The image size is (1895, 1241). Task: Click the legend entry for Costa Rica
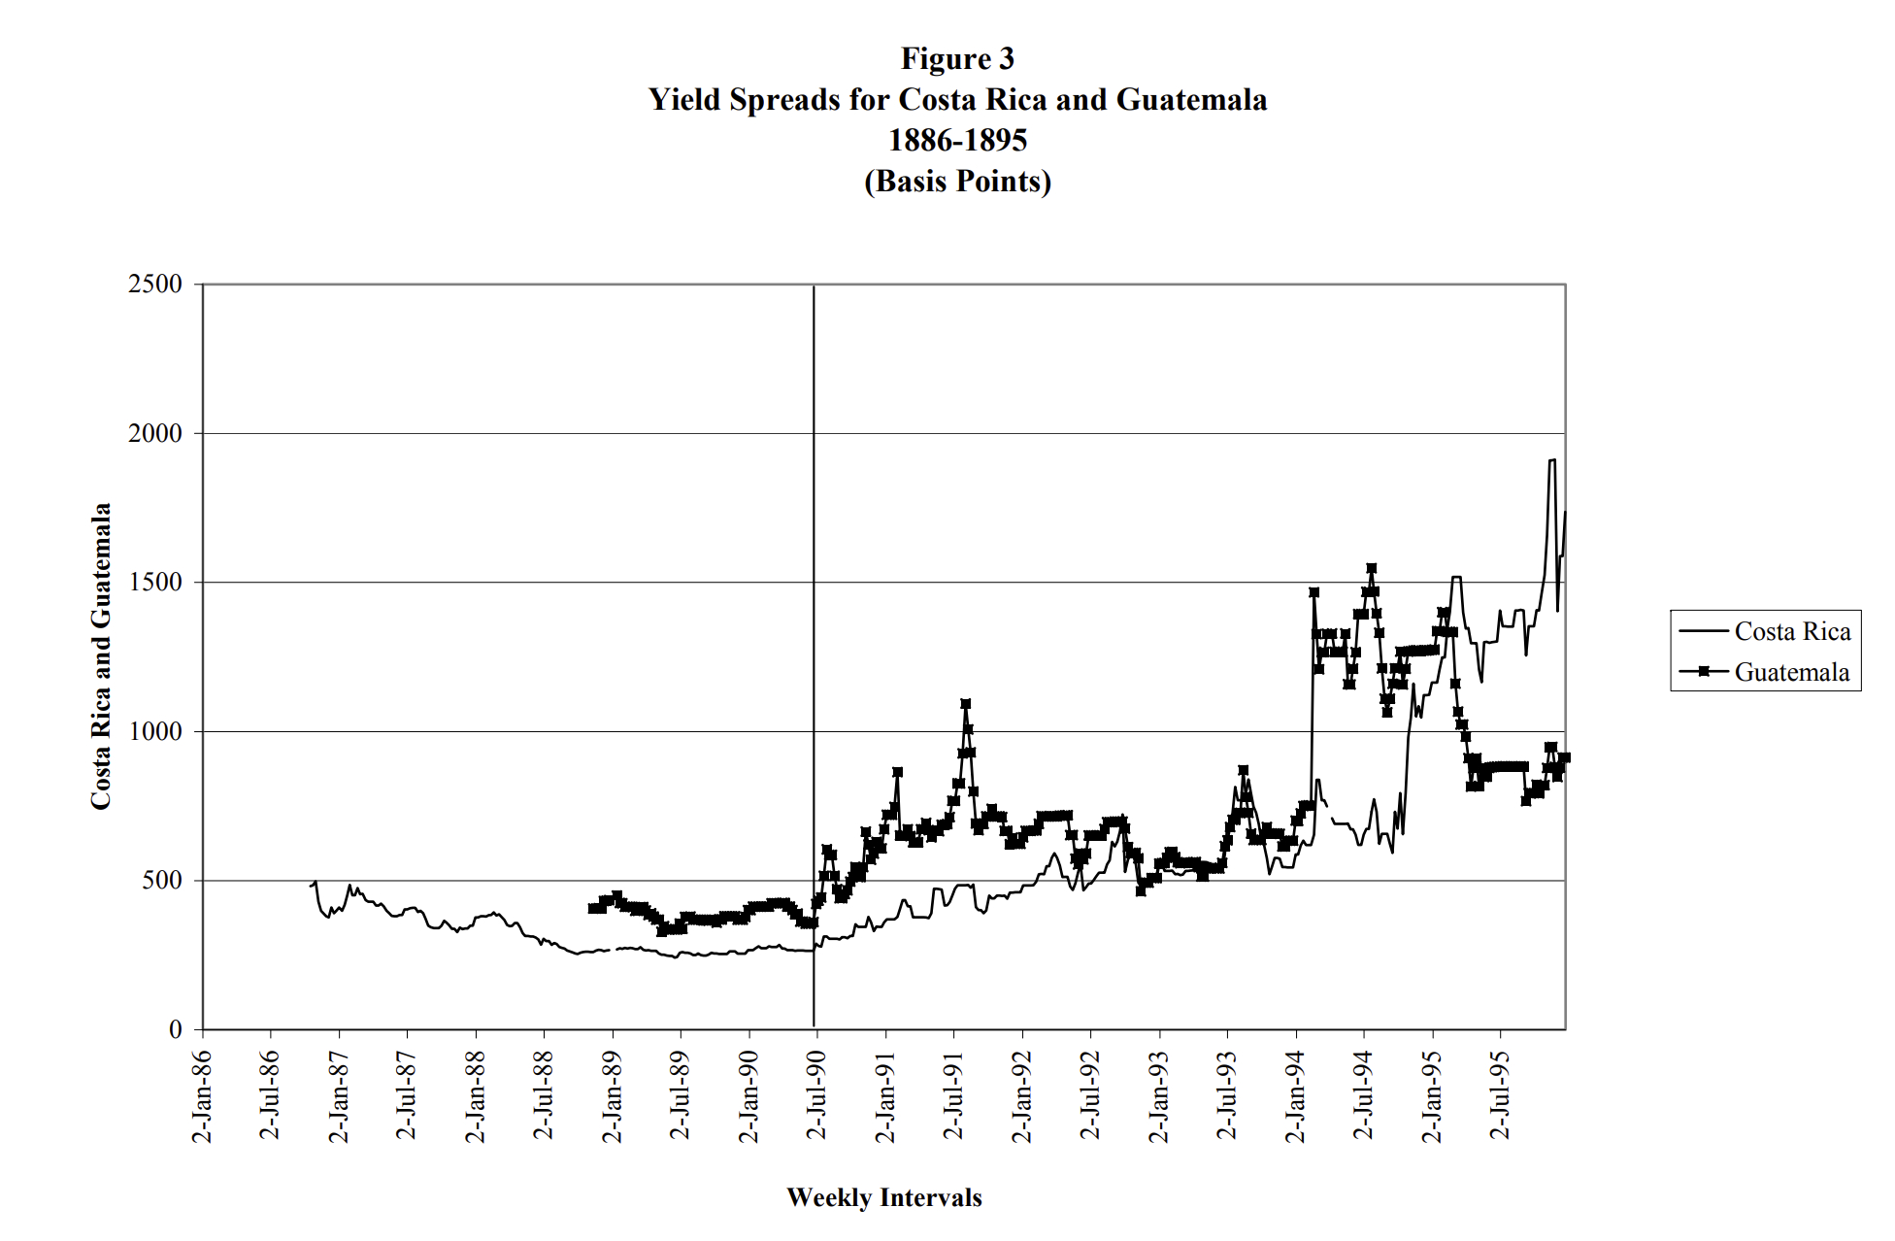click(1791, 632)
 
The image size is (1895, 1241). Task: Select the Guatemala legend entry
click(1791, 673)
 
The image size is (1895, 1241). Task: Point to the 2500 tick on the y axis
click(154, 285)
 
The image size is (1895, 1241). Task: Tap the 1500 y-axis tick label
click(154, 583)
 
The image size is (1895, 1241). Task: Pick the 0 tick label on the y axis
click(176, 1029)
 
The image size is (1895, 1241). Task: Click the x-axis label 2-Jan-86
click(202, 1095)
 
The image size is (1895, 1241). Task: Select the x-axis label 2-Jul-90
click(816, 1095)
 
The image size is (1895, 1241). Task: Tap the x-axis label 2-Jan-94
click(1295, 1095)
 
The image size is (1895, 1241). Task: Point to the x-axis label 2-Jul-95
click(1500, 1095)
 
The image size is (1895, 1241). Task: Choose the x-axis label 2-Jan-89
click(612, 1095)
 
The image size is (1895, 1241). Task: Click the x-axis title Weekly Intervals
click(883, 1197)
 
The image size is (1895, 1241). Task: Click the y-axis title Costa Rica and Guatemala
click(101, 656)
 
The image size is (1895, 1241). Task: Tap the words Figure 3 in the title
click(957, 58)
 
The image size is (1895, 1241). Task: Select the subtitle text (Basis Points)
click(957, 182)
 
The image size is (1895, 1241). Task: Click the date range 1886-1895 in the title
click(957, 141)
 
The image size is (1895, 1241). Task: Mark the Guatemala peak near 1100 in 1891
click(965, 704)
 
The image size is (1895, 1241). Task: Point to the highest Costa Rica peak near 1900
click(1551, 460)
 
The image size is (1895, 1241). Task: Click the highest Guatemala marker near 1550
click(1371, 568)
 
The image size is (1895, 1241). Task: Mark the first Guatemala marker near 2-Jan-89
click(592, 908)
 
